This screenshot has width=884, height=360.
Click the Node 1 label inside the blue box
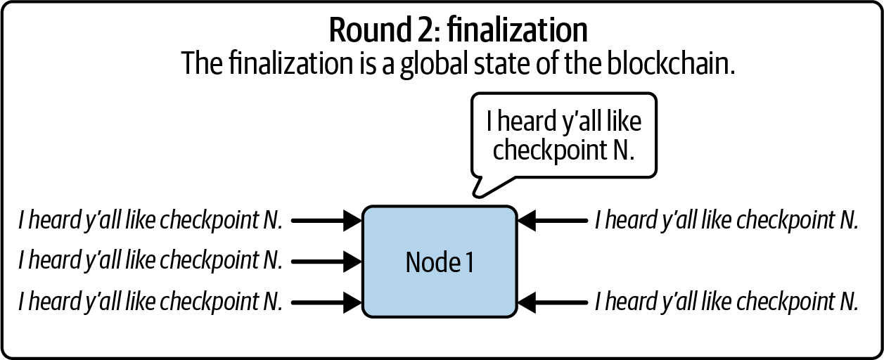(x=440, y=262)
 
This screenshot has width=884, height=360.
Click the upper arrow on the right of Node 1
(x=552, y=221)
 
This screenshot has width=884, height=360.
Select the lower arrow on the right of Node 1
(x=552, y=302)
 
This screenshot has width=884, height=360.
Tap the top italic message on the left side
(x=150, y=221)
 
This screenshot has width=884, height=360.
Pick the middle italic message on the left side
(x=150, y=262)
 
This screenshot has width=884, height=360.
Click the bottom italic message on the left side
(x=150, y=302)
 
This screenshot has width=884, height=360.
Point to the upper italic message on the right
(x=726, y=221)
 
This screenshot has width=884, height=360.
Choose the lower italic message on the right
(x=726, y=302)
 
